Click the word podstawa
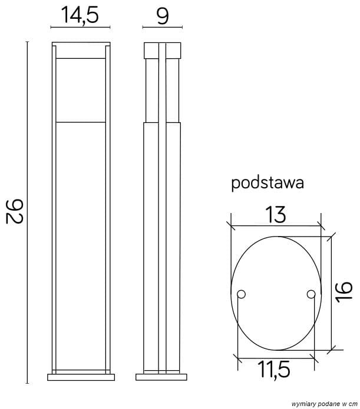pos(267,183)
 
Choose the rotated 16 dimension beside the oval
pos(346,292)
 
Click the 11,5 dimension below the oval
pos(275,370)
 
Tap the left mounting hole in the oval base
pos(240,294)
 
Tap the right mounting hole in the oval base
pos(311,294)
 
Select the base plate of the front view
pos(81,377)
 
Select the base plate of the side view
pos(162,377)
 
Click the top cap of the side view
pos(162,49)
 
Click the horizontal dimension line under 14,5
pos(81,27)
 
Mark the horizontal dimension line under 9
pos(163,27)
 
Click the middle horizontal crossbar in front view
pos(81,122)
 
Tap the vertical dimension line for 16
pos(332,292)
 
